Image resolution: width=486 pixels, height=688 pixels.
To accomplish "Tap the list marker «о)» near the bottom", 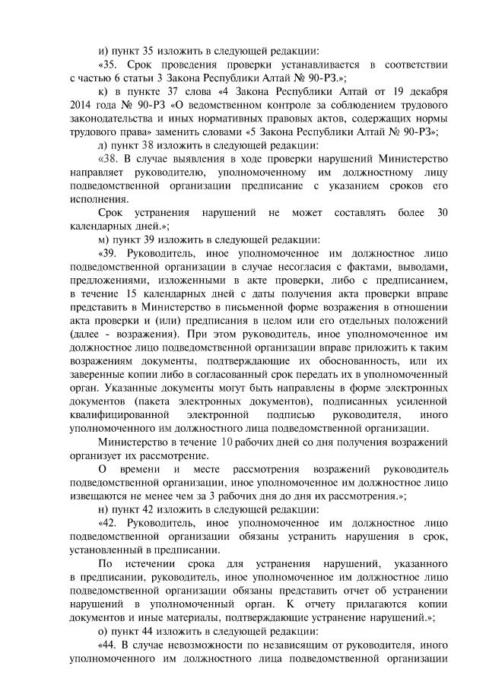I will pos(103,630).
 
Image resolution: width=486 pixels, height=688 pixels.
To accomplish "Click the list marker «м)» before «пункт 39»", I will pos(104,238).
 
